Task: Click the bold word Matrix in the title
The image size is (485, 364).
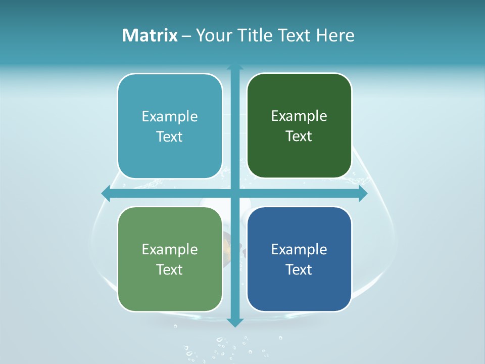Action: [150, 35]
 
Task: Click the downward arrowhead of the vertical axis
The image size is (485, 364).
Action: [235, 322]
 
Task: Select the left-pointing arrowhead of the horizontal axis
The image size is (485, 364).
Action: [106, 194]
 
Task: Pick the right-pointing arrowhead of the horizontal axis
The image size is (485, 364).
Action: [363, 194]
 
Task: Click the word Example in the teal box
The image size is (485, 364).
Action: [170, 117]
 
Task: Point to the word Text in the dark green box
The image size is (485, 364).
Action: [299, 136]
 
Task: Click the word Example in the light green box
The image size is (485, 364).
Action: [170, 249]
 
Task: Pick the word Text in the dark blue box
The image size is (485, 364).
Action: [299, 269]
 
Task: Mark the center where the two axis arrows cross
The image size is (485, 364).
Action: [235, 194]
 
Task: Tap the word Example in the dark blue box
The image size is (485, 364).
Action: [299, 249]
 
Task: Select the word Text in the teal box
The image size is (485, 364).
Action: [170, 137]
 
